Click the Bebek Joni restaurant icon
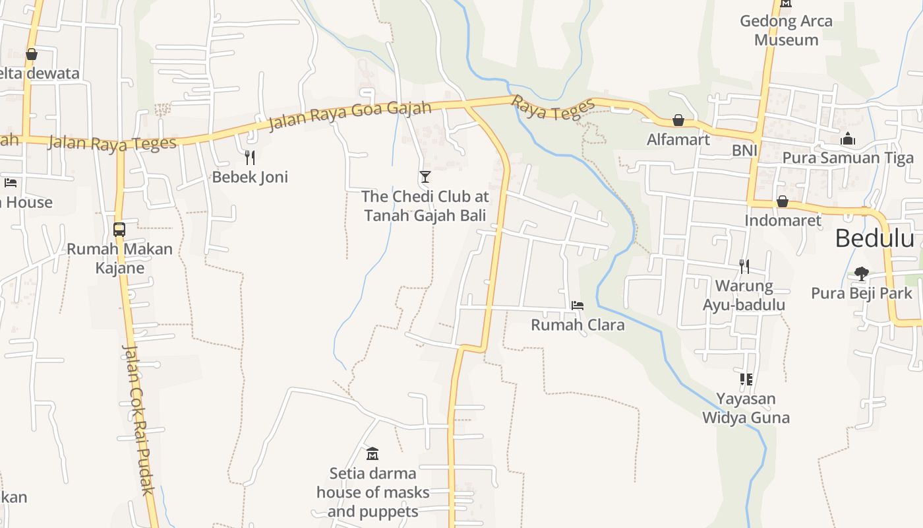(249, 157)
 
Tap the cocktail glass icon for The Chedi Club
(425, 176)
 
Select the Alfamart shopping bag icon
(678, 120)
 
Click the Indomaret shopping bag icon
(783, 201)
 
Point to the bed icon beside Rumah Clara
(578, 305)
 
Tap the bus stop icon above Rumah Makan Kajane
(119, 229)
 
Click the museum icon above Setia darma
(372, 453)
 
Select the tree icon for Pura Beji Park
(861, 273)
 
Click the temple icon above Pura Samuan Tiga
(848, 139)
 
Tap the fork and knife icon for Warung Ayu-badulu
(744, 266)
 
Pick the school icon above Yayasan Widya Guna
(746, 379)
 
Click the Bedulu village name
(874, 238)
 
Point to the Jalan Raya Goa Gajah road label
(349, 116)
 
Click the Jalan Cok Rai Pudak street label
(139, 419)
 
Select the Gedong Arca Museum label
(786, 30)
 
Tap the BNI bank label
(744, 151)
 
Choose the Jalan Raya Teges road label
(113, 143)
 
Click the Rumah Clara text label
(578, 325)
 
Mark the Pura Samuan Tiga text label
(848, 158)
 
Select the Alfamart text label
(678, 139)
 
